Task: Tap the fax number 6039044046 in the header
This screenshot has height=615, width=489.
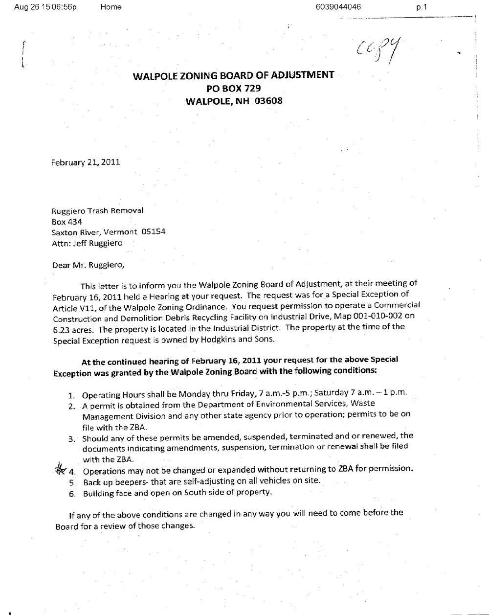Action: click(338, 7)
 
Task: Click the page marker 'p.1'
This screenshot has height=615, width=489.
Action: click(422, 7)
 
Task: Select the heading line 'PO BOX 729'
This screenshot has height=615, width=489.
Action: click(234, 88)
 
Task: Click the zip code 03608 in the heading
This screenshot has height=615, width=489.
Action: click(267, 101)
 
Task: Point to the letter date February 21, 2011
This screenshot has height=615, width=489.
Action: click(86, 162)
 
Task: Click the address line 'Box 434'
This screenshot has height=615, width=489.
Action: click(67, 222)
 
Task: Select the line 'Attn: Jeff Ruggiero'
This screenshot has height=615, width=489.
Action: click(87, 243)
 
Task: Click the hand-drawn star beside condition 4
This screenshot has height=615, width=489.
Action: click(61, 469)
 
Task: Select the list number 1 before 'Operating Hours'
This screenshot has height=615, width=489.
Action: click(71, 395)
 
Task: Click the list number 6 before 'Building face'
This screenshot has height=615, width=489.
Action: click(72, 494)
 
